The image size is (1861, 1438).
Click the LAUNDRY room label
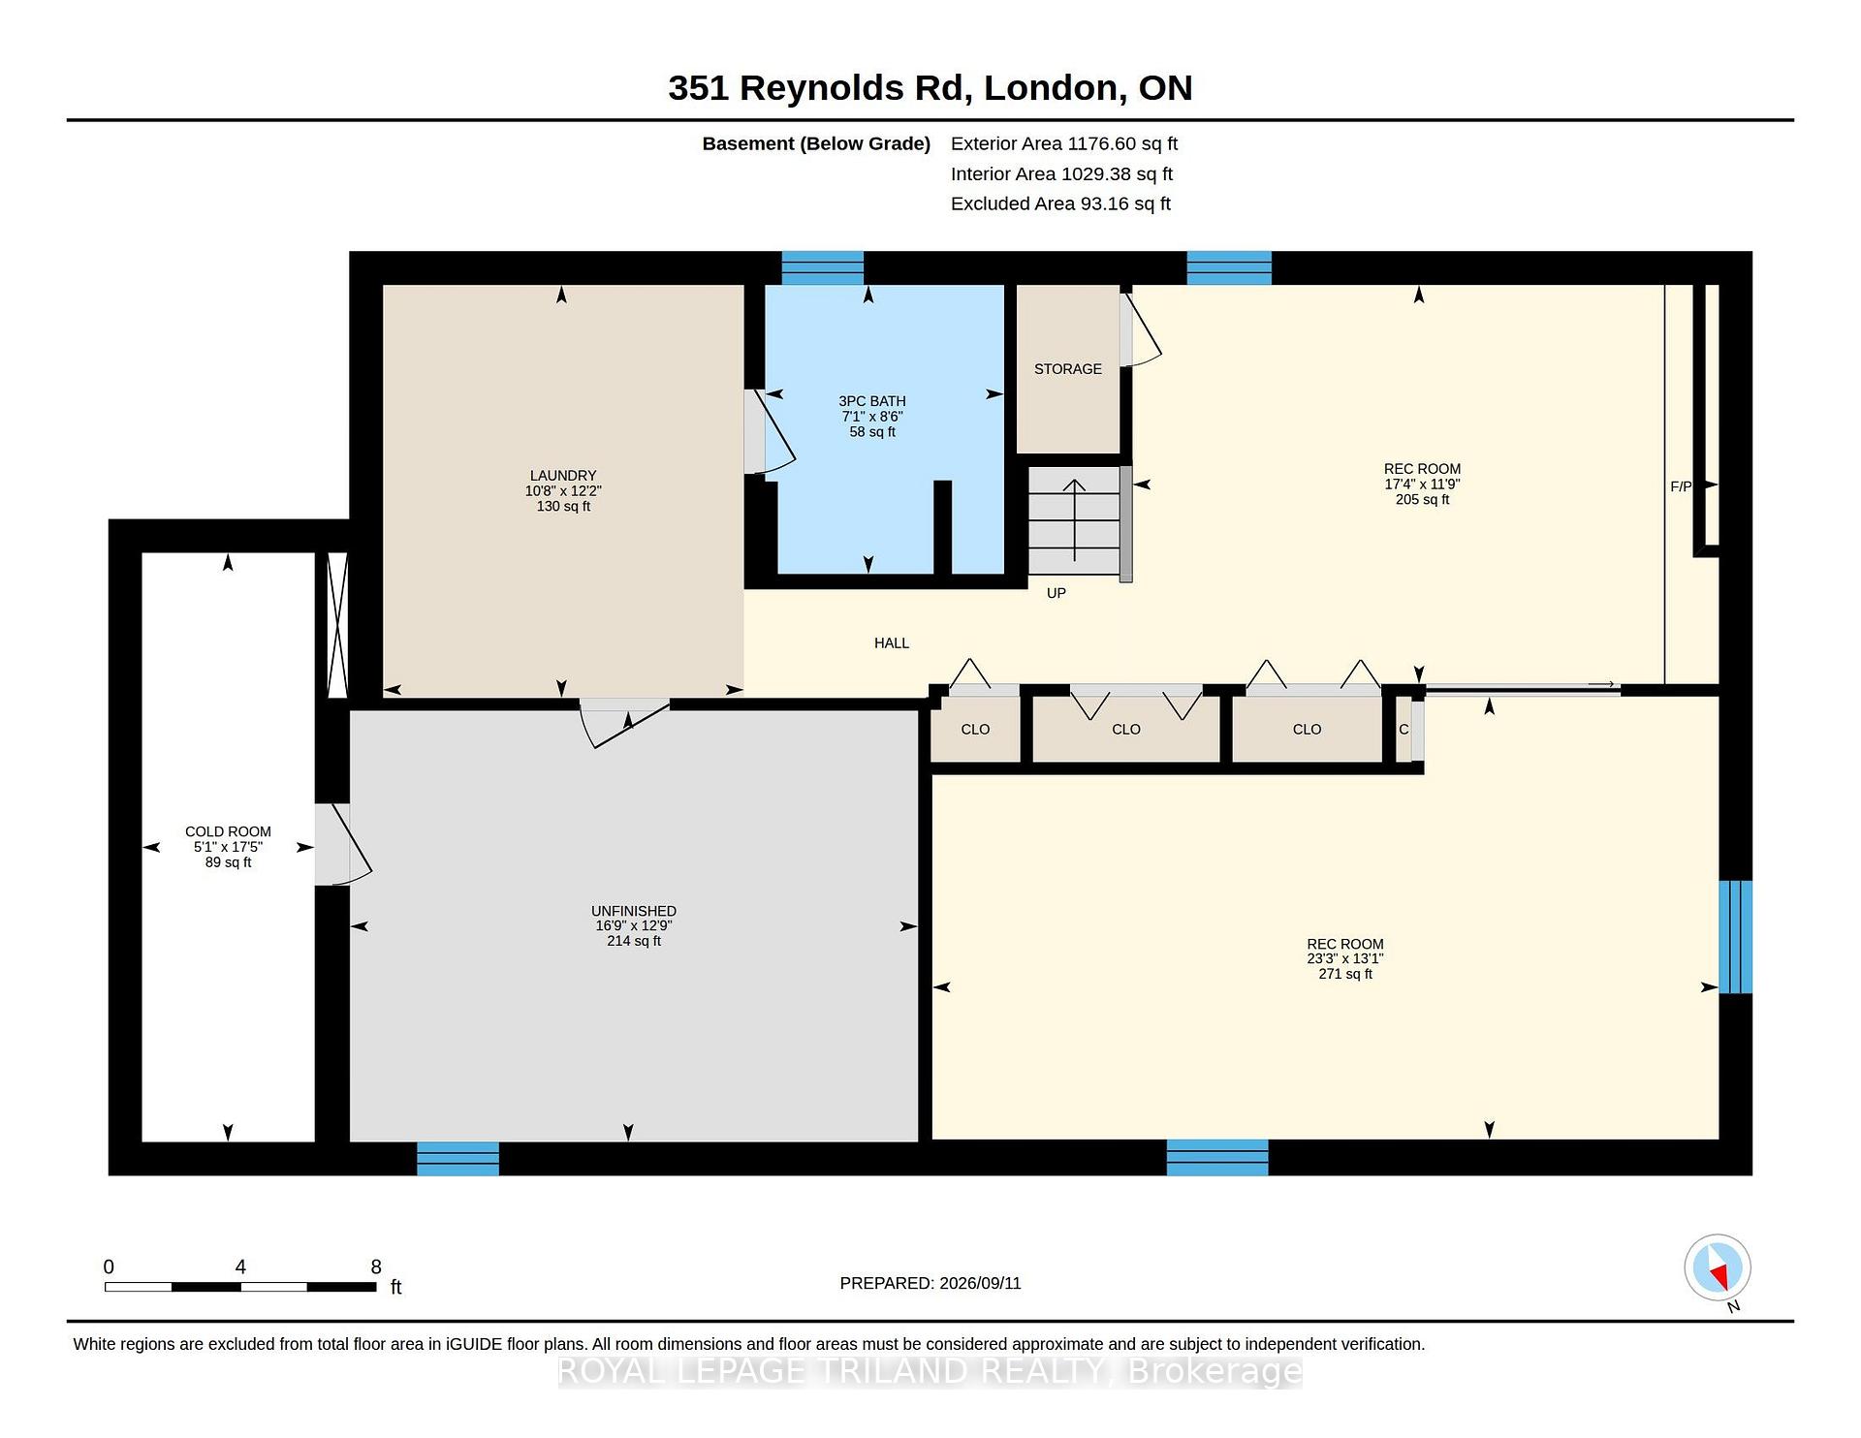[x=563, y=476]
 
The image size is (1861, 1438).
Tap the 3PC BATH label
[x=872, y=401]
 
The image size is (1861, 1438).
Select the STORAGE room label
[x=1068, y=369]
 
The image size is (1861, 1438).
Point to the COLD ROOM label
[x=228, y=831]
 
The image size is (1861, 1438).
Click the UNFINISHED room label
[x=634, y=911]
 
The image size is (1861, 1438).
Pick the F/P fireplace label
[x=1681, y=486]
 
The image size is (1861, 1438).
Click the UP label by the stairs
[x=1057, y=593]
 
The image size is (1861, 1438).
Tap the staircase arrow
[x=1074, y=519]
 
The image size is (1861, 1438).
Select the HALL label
[x=892, y=643]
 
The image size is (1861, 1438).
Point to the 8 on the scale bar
[x=376, y=1266]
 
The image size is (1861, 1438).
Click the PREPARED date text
[x=930, y=1283]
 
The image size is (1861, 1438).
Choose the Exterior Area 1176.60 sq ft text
[x=1064, y=143]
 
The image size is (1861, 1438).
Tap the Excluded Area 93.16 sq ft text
[x=1060, y=203]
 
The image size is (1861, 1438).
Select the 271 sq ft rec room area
[x=1345, y=974]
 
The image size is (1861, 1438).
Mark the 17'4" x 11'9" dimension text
[x=1422, y=485]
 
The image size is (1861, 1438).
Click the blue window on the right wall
[x=1736, y=937]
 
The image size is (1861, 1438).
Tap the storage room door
[x=1141, y=330]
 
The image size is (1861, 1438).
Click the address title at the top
[x=930, y=88]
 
